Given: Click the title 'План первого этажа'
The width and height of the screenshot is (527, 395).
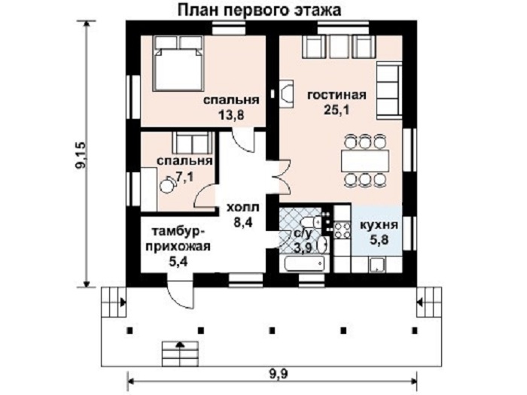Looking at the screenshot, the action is (x=259, y=10).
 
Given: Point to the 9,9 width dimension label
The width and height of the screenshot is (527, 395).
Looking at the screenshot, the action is (x=279, y=373).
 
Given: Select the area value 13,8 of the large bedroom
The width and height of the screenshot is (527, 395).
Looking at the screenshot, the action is (x=231, y=115).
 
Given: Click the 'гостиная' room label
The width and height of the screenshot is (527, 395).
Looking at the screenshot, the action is (x=337, y=96).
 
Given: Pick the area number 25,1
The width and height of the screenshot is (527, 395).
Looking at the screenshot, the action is (x=337, y=110).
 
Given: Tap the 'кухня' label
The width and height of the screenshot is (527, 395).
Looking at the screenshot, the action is (x=379, y=225).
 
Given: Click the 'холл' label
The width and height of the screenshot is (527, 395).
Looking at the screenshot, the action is (x=243, y=208).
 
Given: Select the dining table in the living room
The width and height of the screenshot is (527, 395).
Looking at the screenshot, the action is (x=365, y=161).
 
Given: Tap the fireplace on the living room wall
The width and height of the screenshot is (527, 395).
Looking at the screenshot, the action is (x=286, y=94).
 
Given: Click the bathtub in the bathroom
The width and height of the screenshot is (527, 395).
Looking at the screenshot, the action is (x=305, y=263).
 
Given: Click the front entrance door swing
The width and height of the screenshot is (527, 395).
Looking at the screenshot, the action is (x=181, y=291).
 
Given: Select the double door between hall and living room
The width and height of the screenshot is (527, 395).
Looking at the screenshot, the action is (x=279, y=177).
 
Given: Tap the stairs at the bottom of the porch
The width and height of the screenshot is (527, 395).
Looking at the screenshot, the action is (x=181, y=354).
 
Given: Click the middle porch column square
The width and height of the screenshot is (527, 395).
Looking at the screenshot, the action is (x=273, y=330).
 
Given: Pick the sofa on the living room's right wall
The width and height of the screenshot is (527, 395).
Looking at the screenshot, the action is (x=389, y=91).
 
